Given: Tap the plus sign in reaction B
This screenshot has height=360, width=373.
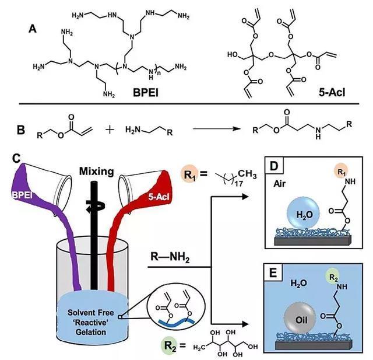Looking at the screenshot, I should coord(110,127).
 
